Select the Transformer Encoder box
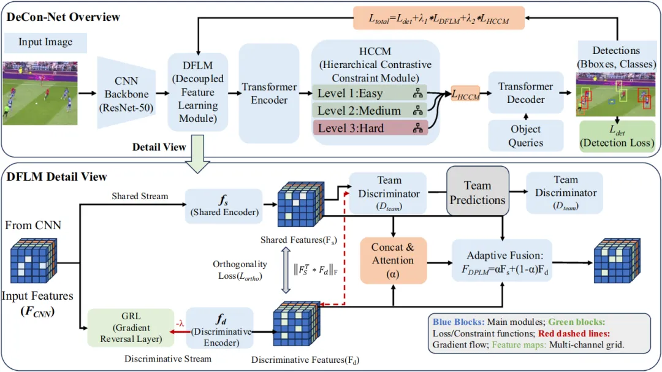268,94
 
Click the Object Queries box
526,136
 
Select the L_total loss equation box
439,19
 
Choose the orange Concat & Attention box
393,260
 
